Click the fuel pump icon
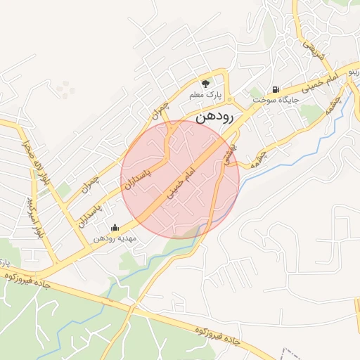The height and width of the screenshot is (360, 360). (x=276, y=89)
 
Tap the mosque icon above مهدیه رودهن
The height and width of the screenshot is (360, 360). (x=115, y=227)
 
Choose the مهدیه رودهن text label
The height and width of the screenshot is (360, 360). (x=116, y=238)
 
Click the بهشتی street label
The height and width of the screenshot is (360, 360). (x=231, y=152)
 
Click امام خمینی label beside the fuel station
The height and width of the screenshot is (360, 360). (x=321, y=82)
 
